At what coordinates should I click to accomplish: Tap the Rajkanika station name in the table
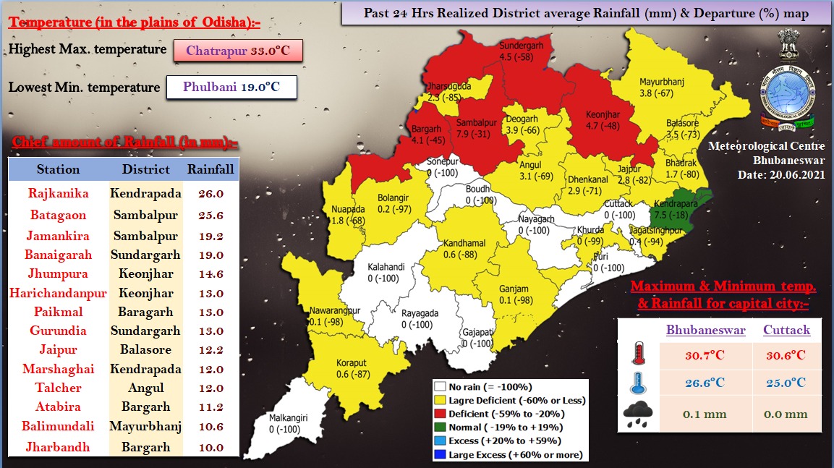58,193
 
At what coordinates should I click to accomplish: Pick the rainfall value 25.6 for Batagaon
210,215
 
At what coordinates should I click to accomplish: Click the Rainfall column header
210,169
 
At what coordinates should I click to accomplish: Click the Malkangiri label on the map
289,417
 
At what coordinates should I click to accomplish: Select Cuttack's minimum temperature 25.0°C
786,382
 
